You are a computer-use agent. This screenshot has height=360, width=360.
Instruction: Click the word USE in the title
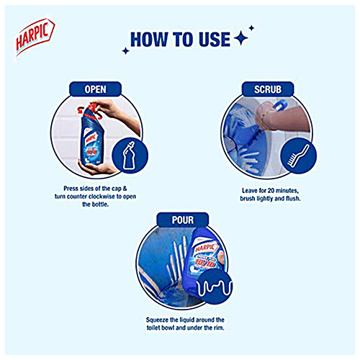tap(215, 40)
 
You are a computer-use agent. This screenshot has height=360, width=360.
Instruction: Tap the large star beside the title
tap(240, 39)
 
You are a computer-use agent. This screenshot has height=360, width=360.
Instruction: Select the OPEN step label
tap(95, 89)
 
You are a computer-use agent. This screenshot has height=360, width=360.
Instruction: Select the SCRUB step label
tap(268, 89)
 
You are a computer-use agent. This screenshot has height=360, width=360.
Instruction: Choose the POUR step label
tap(183, 220)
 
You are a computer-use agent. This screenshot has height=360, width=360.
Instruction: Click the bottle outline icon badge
tap(130, 156)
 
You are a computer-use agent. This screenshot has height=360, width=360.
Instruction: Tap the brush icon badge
tap(298, 156)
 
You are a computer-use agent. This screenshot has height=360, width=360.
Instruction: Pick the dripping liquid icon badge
tap(215, 287)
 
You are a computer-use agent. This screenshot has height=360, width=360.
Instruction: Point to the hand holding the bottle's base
tap(96, 167)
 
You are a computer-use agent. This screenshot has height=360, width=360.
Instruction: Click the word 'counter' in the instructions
tap(77, 197)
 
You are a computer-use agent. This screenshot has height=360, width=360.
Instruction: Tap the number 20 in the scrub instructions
tap(271, 191)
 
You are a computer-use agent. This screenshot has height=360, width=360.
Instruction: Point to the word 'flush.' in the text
tap(293, 199)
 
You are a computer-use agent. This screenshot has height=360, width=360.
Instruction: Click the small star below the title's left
tap(125, 51)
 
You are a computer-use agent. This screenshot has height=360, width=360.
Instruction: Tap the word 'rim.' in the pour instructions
tap(218, 328)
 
